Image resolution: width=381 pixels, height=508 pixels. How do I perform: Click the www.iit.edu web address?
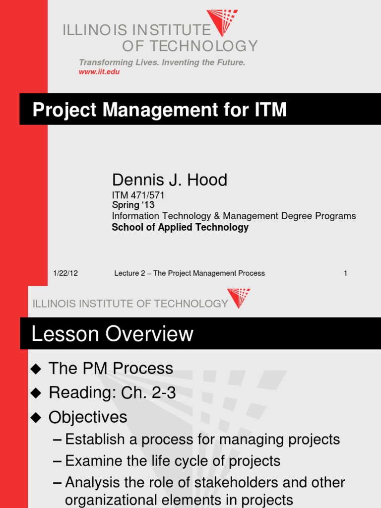[x=99, y=72]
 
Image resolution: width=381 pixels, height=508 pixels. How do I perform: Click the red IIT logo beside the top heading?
[x=222, y=22]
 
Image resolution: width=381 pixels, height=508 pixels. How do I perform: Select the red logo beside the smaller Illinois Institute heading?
[x=239, y=298]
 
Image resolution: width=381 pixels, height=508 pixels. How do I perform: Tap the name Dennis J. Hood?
[x=169, y=180]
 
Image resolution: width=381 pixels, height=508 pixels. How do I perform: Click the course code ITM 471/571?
[x=138, y=195]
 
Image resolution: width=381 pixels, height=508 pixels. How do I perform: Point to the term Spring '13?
[x=133, y=205]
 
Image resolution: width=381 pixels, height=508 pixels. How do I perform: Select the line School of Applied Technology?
[x=180, y=227]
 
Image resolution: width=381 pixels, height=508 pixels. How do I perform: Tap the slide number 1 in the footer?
[x=345, y=273]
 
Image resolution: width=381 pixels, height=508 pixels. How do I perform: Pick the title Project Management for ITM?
[x=159, y=109]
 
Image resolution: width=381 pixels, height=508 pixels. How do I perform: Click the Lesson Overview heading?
[x=112, y=334]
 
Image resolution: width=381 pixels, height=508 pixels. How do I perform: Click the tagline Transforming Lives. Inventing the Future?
[x=162, y=63]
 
